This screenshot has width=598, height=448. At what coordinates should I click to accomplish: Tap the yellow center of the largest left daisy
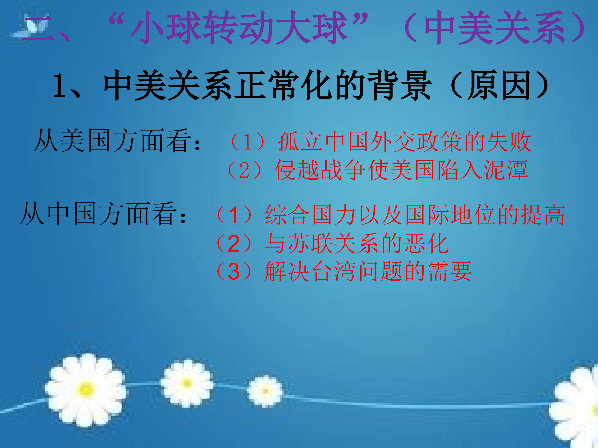(86, 389)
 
